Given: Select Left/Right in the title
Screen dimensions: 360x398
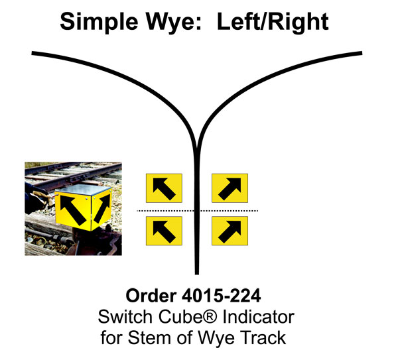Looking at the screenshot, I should [x=278, y=22].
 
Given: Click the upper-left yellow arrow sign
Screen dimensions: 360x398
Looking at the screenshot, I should [x=164, y=188].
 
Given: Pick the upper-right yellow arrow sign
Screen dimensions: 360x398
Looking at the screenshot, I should [x=230, y=188].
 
